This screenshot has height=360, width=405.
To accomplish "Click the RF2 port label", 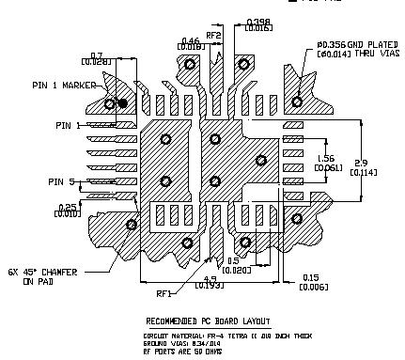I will [x=212, y=36].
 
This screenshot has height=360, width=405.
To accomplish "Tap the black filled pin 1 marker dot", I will [x=123, y=102].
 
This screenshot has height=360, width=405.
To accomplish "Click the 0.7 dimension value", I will [x=97, y=55].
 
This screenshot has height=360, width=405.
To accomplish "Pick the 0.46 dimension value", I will [x=190, y=41].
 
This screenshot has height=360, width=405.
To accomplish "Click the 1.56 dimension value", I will [x=328, y=157].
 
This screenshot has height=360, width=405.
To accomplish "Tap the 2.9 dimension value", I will [x=371, y=162].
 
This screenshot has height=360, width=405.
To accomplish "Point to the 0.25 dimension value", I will [x=68, y=206].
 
